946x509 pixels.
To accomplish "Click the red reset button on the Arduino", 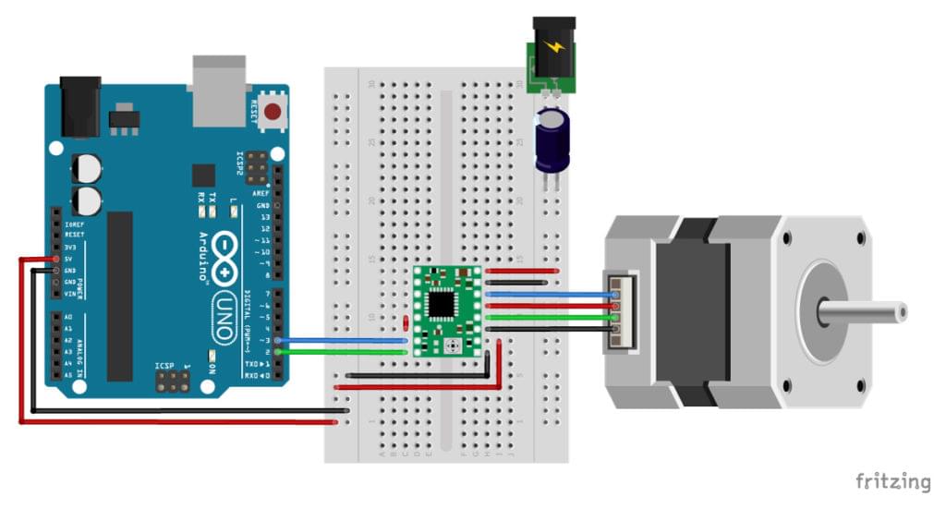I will tap(273, 114).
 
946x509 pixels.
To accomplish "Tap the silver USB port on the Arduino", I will tap(219, 89).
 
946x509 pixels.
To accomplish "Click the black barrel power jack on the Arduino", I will tap(79, 105).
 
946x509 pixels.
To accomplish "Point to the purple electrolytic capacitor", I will tap(553, 140).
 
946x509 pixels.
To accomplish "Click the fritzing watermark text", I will tap(892, 481).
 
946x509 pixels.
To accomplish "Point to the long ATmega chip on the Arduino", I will tap(120, 296).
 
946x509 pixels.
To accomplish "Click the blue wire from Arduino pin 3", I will tap(342, 340).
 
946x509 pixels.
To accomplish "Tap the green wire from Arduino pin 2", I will tap(342, 352).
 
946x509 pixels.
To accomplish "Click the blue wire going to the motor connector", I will tap(550, 293).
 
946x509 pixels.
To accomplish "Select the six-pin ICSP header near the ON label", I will tap(172, 382).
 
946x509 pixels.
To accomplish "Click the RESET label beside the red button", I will tap(252, 113).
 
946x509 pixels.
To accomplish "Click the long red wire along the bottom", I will tap(176, 422).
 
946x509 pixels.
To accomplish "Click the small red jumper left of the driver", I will tap(407, 322).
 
